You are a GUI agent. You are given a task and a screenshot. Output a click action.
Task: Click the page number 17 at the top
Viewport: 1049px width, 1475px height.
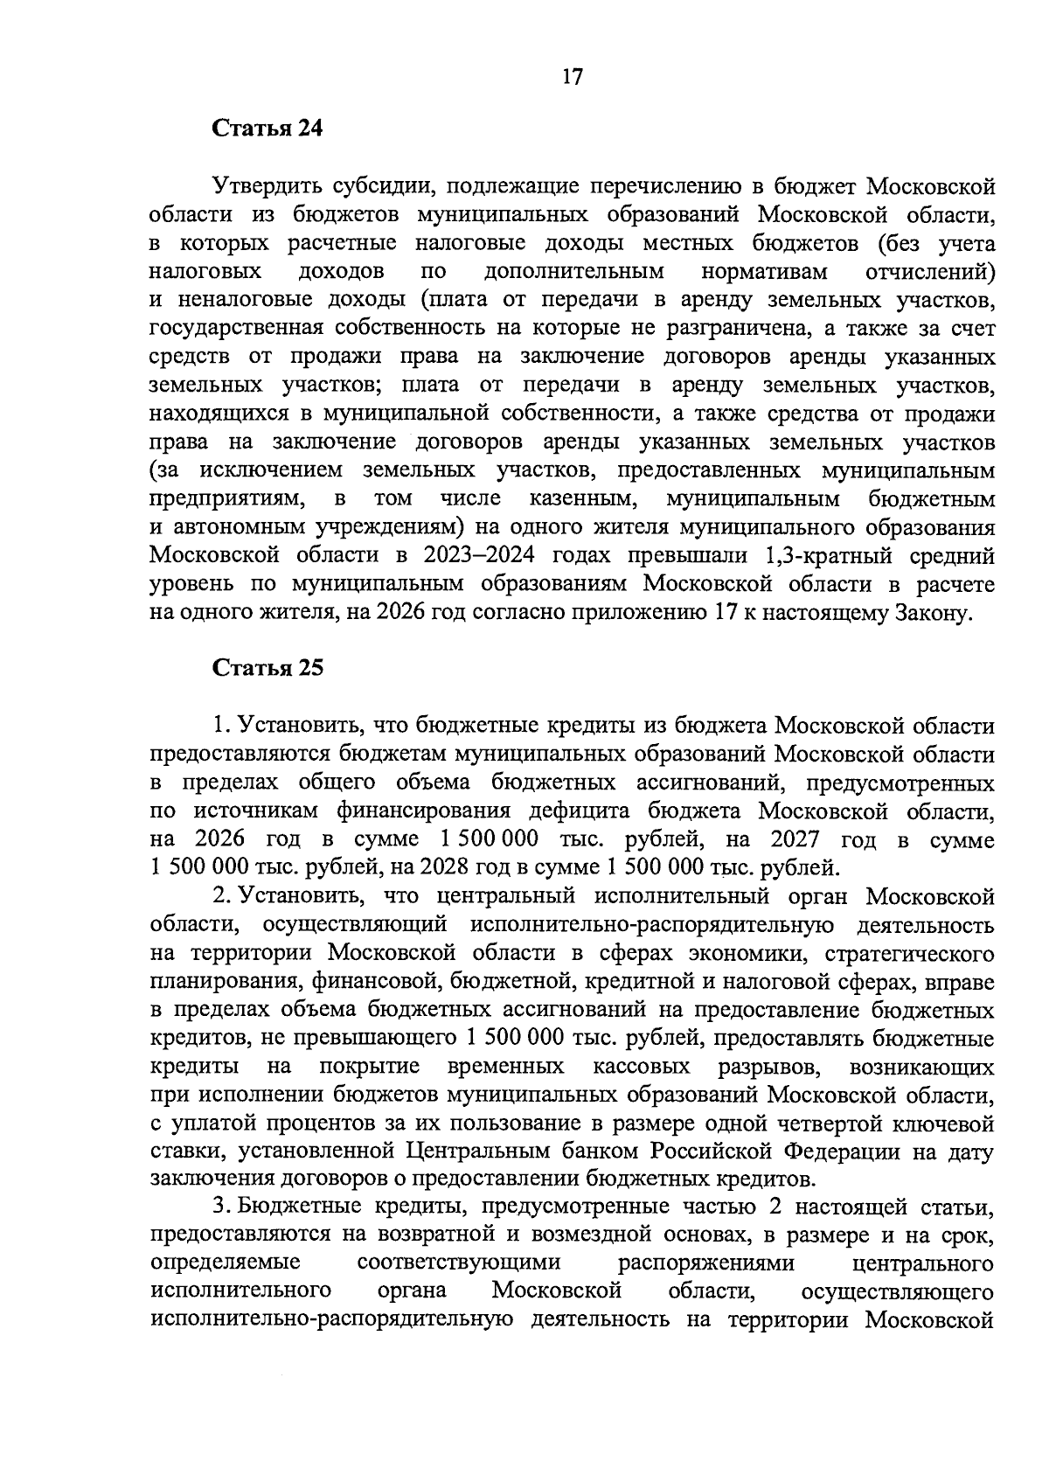coord(572,77)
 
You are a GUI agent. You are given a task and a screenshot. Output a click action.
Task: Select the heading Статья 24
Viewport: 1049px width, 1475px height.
coord(267,129)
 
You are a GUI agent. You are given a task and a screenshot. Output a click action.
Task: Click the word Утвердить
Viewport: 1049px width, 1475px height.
coord(266,186)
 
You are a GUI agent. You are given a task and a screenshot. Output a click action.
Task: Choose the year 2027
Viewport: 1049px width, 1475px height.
coord(795,839)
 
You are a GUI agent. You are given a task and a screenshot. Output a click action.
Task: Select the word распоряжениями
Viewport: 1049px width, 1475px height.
coord(705,1264)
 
